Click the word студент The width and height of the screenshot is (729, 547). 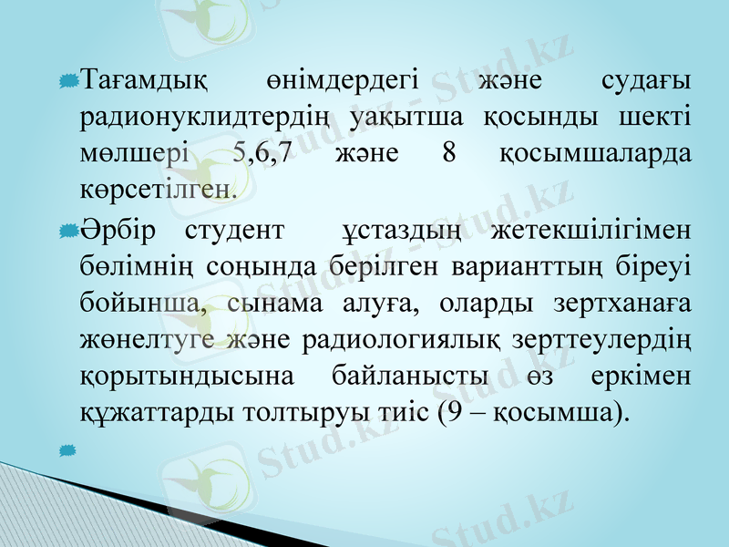click(233, 229)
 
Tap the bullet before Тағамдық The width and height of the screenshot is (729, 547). click(67, 84)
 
